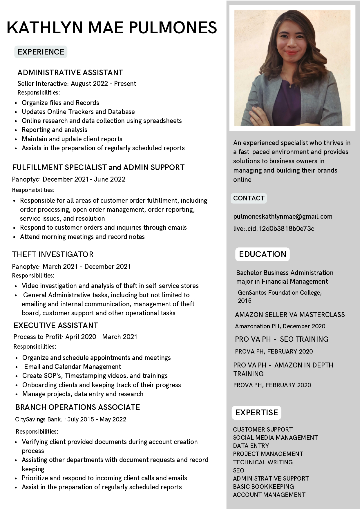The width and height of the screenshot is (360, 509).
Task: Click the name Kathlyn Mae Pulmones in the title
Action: pyautogui.click(x=112, y=28)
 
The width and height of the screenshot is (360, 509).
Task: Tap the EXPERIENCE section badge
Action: pyautogui.click(x=41, y=52)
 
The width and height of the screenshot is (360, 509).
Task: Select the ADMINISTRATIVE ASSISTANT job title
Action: pyautogui.click(x=70, y=73)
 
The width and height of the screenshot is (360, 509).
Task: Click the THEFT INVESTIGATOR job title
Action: pyautogui.click(x=53, y=254)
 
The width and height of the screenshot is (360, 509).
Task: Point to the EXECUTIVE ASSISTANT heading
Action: pyautogui.click(x=56, y=325)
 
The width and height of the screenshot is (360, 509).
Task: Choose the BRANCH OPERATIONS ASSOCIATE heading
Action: pyautogui.click(x=77, y=407)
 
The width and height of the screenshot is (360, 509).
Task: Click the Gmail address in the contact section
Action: pyautogui.click(x=283, y=216)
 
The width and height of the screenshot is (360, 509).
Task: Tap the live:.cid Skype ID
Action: pyautogui.click(x=274, y=229)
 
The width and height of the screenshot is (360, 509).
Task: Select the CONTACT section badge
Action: pyautogui.click(x=249, y=198)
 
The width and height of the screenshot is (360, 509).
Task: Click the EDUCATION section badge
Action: pyautogui.click(x=263, y=254)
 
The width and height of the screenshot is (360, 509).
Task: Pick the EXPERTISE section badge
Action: pyautogui.click(x=256, y=412)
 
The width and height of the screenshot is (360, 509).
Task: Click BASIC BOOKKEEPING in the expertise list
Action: pyautogui.click(x=263, y=486)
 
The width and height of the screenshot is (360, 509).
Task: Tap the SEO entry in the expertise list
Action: pyautogui.click(x=238, y=470)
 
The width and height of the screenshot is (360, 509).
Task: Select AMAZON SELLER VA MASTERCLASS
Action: pyautogui.click(x=290, y=315)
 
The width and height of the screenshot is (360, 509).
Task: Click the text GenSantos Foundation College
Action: pyautogui.click(x=280, y=293)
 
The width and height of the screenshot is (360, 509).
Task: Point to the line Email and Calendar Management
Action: pyautogui.click(x=73, y=367)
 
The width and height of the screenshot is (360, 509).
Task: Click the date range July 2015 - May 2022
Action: pyautogui.click(x=97, y=419)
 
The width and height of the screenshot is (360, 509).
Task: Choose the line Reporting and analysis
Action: pyautogui.click(x=55, y=130)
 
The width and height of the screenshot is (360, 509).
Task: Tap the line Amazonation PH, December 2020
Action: pyautogui.click(x=280, y=326)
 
